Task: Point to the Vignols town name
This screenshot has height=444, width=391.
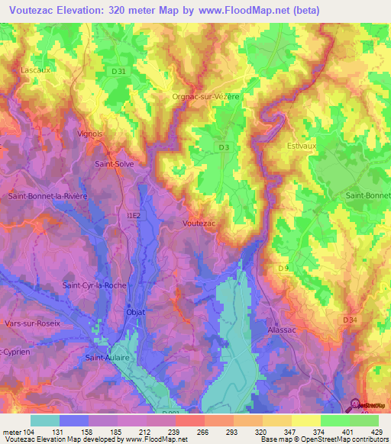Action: tap(90, 134)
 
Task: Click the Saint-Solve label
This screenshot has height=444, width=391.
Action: tap(113, 163)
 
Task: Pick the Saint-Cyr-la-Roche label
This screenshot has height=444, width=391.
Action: tap(94, 285)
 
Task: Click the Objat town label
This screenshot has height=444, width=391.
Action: tap(134, 311)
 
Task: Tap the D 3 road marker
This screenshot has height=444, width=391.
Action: tap(223, 148)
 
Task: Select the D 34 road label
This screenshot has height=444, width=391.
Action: tap(351, 320)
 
